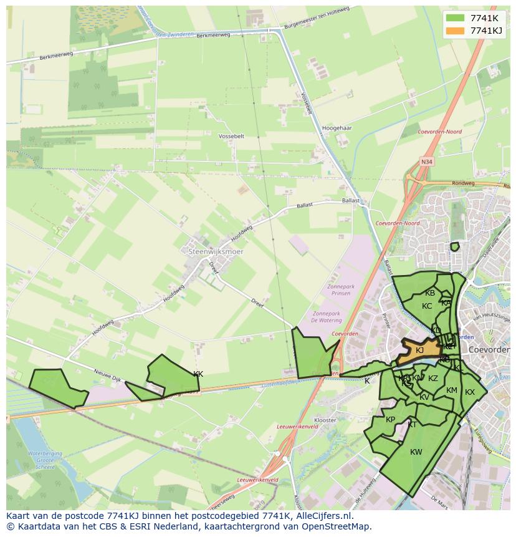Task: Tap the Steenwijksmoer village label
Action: [216, 251]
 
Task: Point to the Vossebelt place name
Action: [232, 135]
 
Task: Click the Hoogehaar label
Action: [338, 128]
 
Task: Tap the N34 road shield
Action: [426, 162]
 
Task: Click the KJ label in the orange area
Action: [420, 351]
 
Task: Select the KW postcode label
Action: [416, 452]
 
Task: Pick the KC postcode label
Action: [427, 306]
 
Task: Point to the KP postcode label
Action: [391, 420]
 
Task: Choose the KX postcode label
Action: [470, 392]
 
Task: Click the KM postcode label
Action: [452, 390]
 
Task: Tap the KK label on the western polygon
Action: [198, 374]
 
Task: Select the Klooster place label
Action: [325, 420]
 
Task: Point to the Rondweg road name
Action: [463, 183]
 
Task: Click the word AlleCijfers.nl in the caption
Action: [323, 516]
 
